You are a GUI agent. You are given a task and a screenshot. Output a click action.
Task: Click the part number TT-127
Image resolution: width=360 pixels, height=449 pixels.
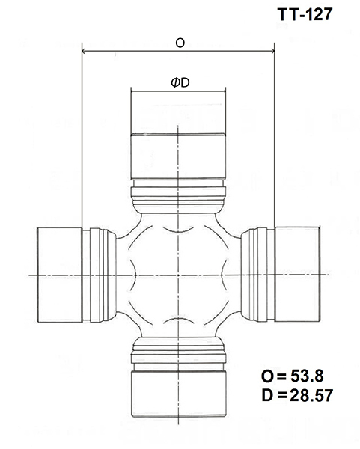pos(305,14)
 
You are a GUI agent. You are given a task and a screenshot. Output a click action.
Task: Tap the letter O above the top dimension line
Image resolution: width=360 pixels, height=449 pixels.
pos(180,43)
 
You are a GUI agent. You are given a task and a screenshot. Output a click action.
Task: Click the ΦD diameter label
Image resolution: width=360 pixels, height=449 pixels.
pos(180,83)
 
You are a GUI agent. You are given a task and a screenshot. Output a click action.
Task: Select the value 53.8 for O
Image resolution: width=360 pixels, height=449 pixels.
pos(307,376)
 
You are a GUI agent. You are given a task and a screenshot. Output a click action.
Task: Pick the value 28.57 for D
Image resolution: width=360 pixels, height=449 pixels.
pos(311,395)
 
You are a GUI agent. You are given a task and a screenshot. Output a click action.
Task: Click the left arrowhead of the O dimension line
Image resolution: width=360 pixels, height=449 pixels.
pos(85,51)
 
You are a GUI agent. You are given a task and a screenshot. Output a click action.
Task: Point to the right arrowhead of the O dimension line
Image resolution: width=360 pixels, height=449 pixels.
pos(272,51)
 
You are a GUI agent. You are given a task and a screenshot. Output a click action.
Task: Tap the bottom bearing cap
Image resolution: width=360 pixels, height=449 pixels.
pos(179,394)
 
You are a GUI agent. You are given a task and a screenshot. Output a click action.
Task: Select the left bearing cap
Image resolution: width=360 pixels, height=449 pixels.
pos(60,275)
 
